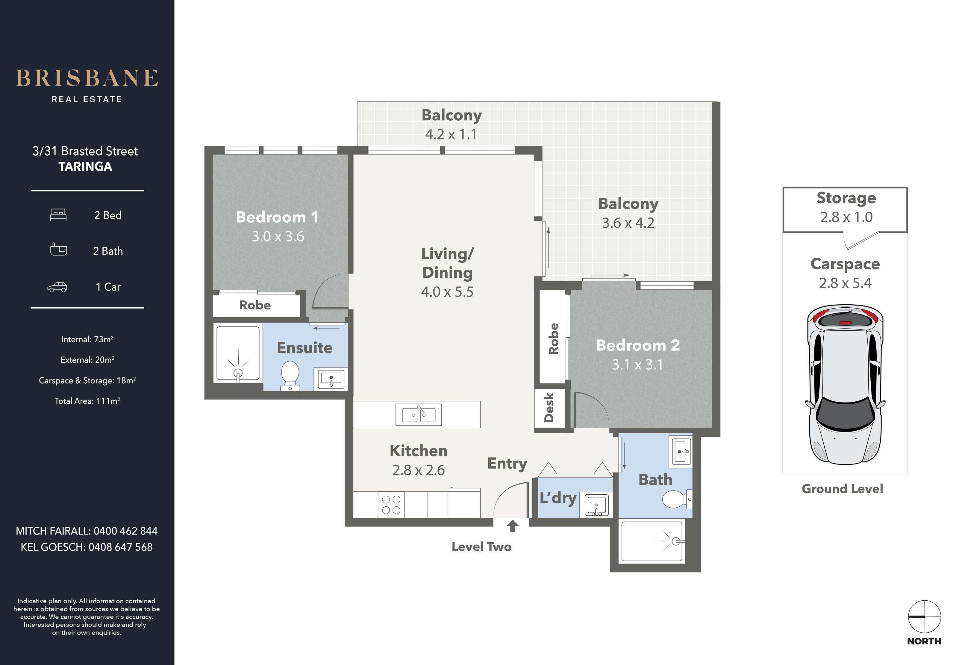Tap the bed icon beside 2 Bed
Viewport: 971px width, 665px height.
[58, 215]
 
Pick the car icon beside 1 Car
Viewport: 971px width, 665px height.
[57, 287]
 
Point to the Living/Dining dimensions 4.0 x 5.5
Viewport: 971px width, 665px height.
[447, 291]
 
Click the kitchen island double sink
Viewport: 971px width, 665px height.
[419, 415]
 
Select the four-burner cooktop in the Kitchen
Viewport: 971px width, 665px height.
[391, 505]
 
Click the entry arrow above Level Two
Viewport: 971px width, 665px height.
[513, 526]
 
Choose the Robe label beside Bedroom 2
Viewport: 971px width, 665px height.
[554, 339]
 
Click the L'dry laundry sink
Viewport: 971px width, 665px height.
[597, 505]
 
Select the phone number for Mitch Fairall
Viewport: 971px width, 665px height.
[126, 531]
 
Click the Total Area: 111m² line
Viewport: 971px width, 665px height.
[87, 401]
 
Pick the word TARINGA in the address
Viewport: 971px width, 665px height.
[85, 167]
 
